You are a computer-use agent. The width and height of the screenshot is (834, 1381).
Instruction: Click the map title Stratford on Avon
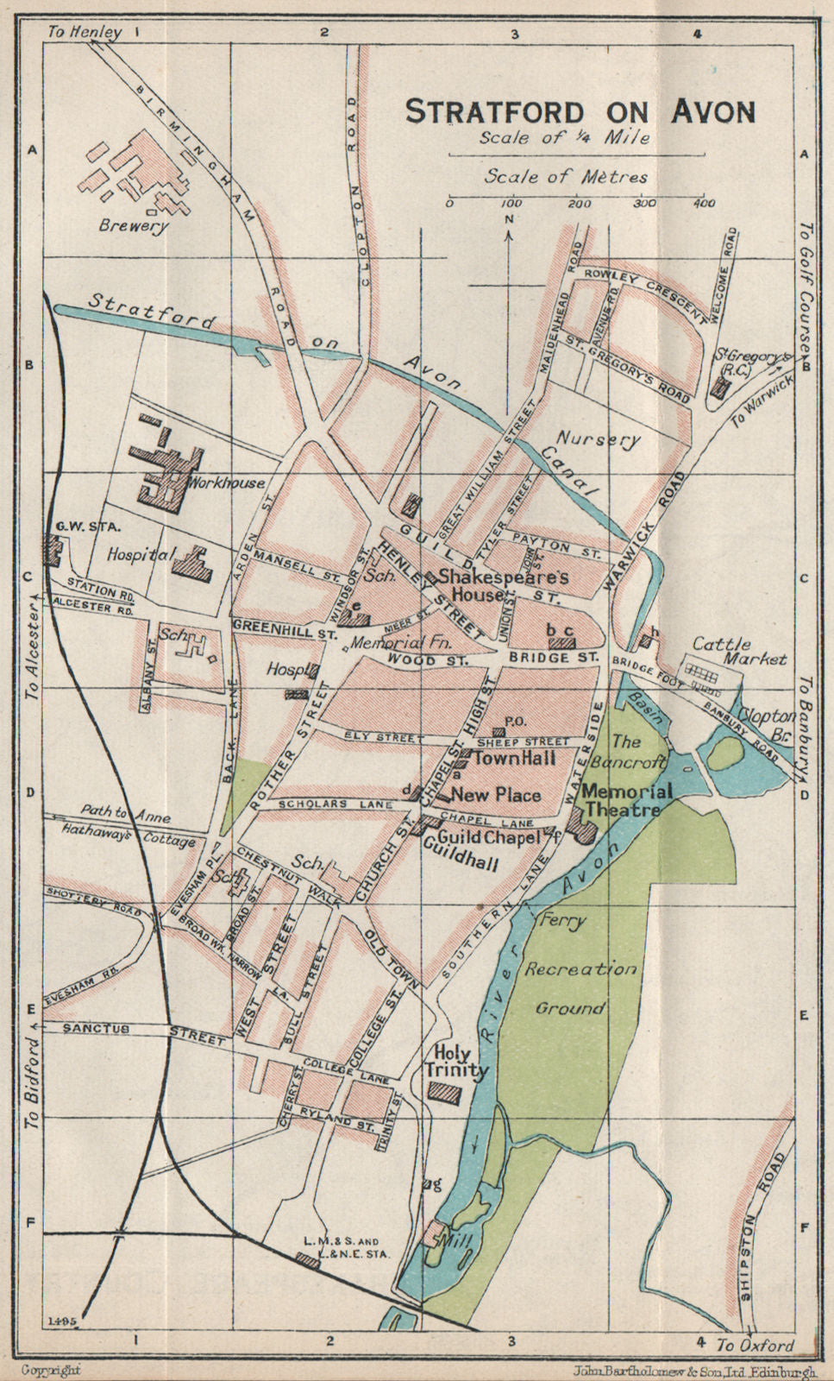coord(580,112)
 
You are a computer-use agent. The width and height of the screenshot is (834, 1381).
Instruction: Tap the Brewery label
coord(134,226)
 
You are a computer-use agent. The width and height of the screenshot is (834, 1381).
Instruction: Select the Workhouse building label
coord(229,482)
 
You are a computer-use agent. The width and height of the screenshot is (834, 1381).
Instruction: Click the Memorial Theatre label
coord(626,800)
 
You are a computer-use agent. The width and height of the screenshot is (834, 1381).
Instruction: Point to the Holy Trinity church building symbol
coord(446,1091)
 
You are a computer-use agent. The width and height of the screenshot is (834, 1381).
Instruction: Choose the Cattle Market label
coord(739,651)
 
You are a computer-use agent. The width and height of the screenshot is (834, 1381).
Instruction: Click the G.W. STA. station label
coord(77,525)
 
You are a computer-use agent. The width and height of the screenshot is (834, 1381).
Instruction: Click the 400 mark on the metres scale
coord(704,204)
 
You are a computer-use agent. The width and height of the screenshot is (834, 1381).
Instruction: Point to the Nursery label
coord(598,438)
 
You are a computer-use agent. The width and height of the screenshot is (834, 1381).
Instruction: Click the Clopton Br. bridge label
coord(761,723)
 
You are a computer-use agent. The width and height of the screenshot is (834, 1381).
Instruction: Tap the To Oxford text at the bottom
coord(756,1345)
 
